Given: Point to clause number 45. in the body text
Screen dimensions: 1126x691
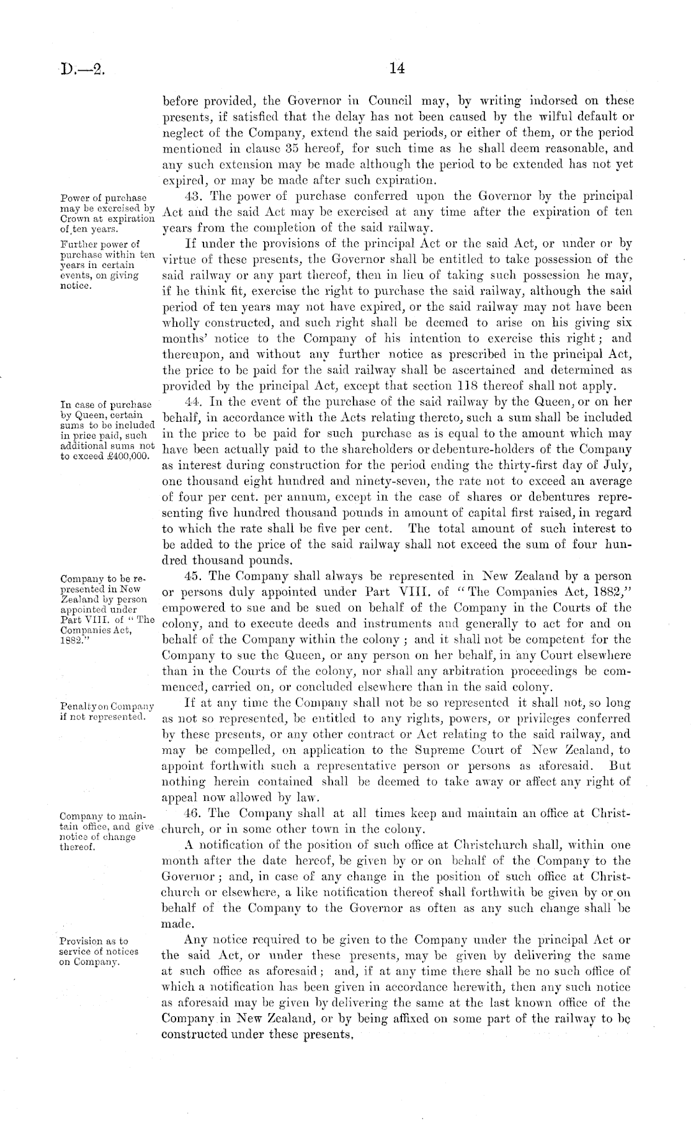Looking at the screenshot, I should click(x=187, y=575).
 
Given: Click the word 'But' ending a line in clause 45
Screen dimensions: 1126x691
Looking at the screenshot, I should click(x=620, y=766).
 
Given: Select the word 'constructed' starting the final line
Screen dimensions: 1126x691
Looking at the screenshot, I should click(x=194, y=1034).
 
